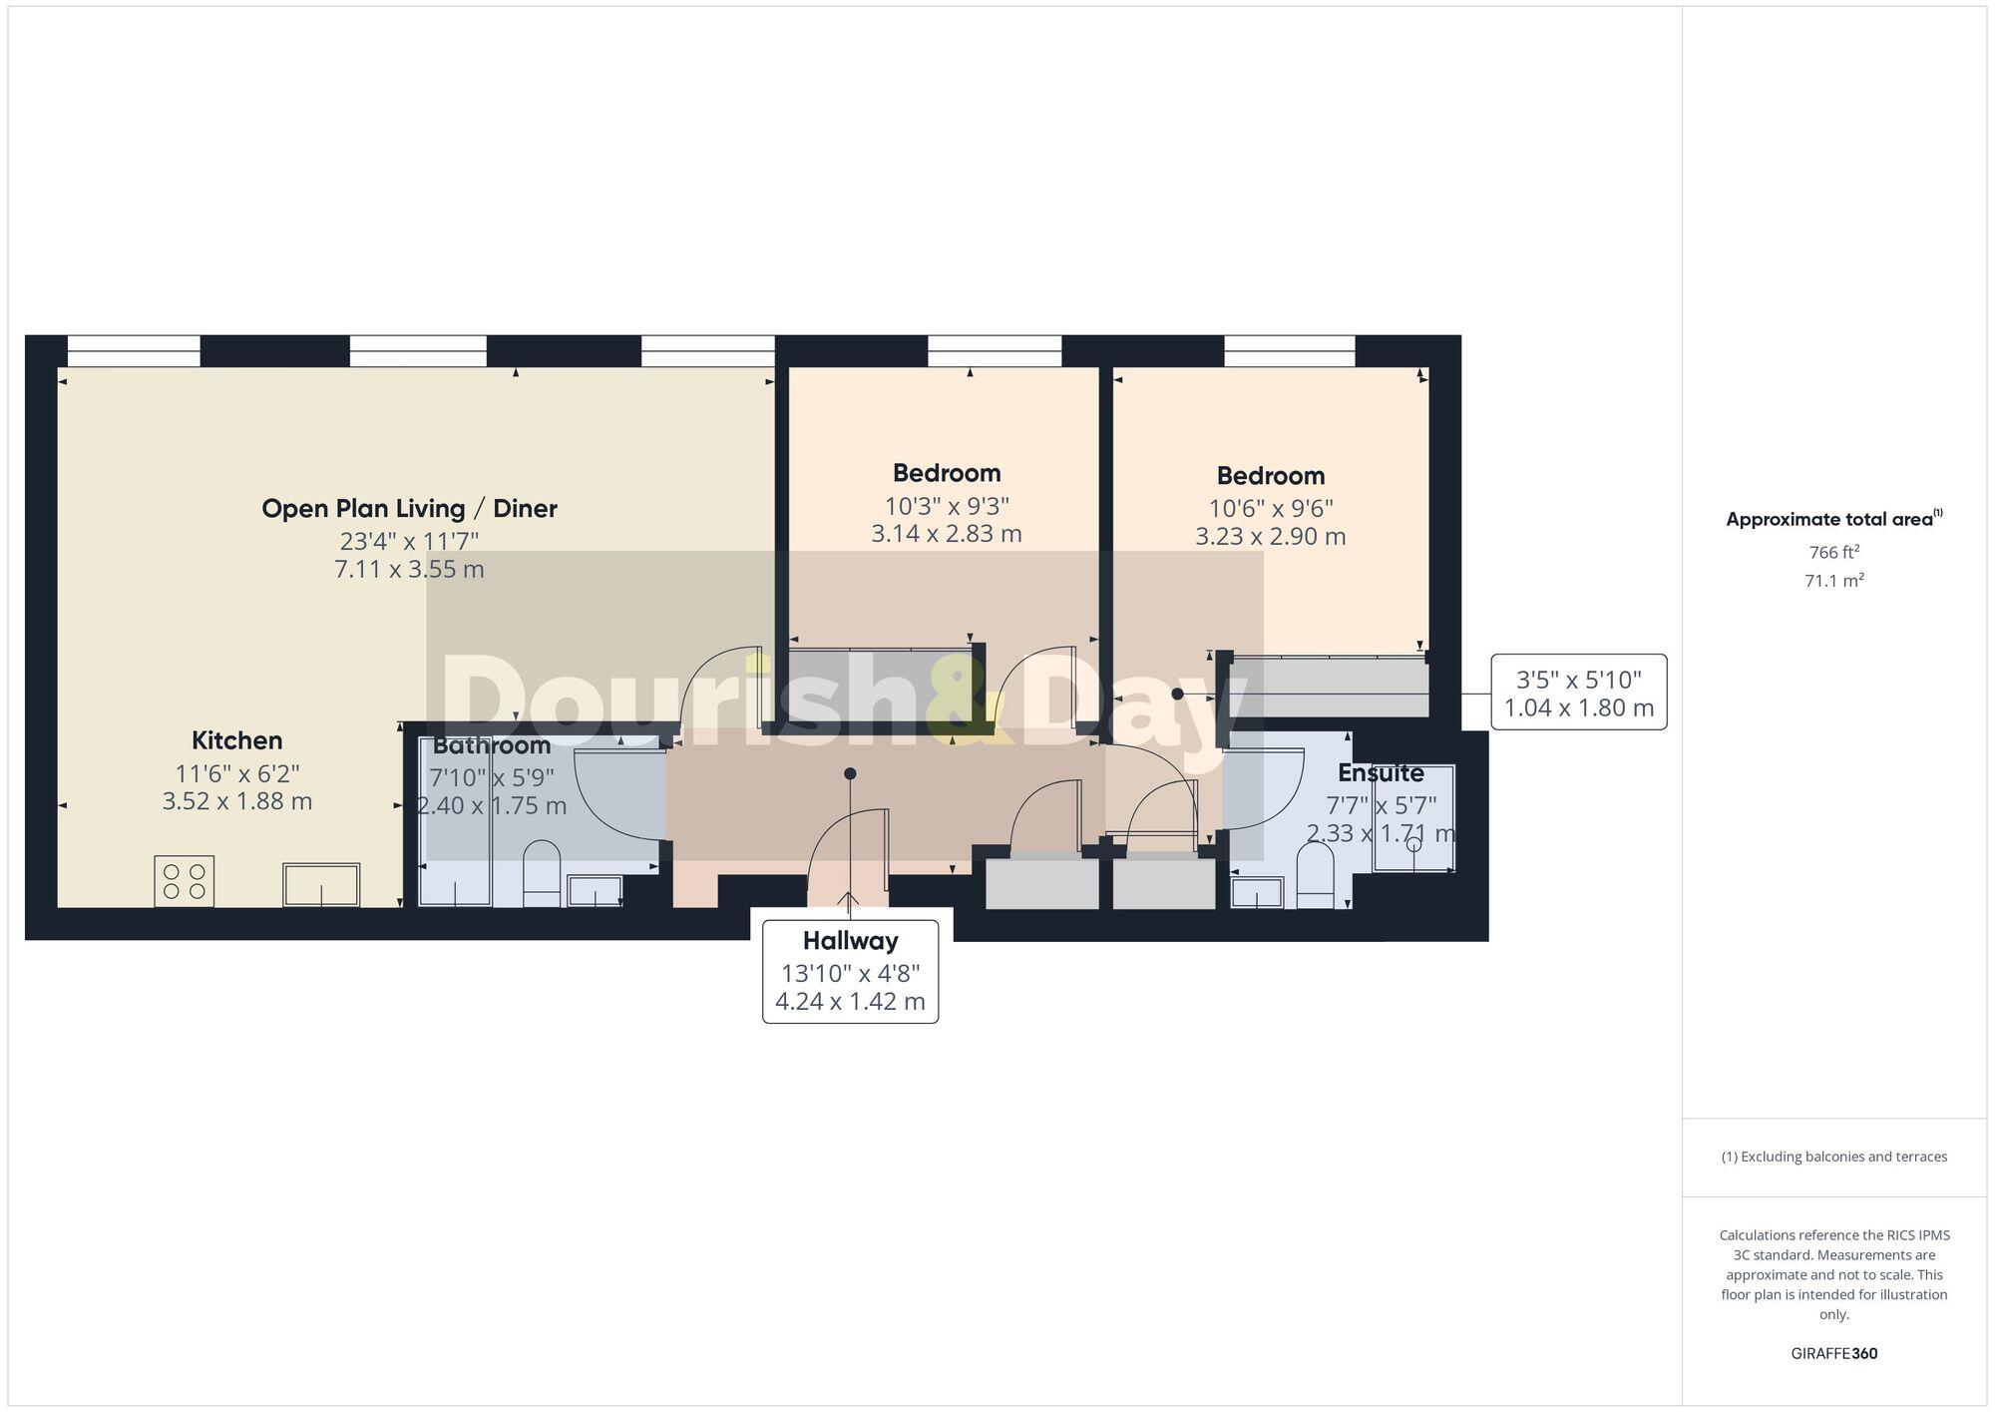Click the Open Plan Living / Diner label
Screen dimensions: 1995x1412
(409, 509)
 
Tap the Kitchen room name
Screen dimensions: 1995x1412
(237, 740)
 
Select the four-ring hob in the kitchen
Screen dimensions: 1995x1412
(185, 881)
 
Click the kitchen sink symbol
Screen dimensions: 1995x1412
(321, 885)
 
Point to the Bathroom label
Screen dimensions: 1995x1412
(492, 745)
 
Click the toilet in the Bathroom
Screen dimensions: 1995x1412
(542, 873)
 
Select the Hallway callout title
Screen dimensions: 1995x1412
(851, 941)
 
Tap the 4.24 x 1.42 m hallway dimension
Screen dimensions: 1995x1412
(851, 1001)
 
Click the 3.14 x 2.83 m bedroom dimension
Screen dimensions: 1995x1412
(947, 534)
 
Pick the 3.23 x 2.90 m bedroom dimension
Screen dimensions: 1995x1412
(1271, 537)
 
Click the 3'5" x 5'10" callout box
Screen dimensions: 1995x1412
(1579, 693)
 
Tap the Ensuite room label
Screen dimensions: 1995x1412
(1381, 773)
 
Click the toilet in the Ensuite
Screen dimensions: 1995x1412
(1315, 876)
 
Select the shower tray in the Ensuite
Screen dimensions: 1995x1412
(1413, 818)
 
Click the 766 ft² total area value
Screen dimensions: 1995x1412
(1834, 552)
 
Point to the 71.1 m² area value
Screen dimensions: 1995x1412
(1834, 580)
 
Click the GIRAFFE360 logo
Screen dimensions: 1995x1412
(1834, 1354)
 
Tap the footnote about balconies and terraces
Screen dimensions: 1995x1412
(1834, 1158)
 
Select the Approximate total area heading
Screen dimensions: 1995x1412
(1834, 519)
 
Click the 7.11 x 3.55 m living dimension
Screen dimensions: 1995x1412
(409, 570)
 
